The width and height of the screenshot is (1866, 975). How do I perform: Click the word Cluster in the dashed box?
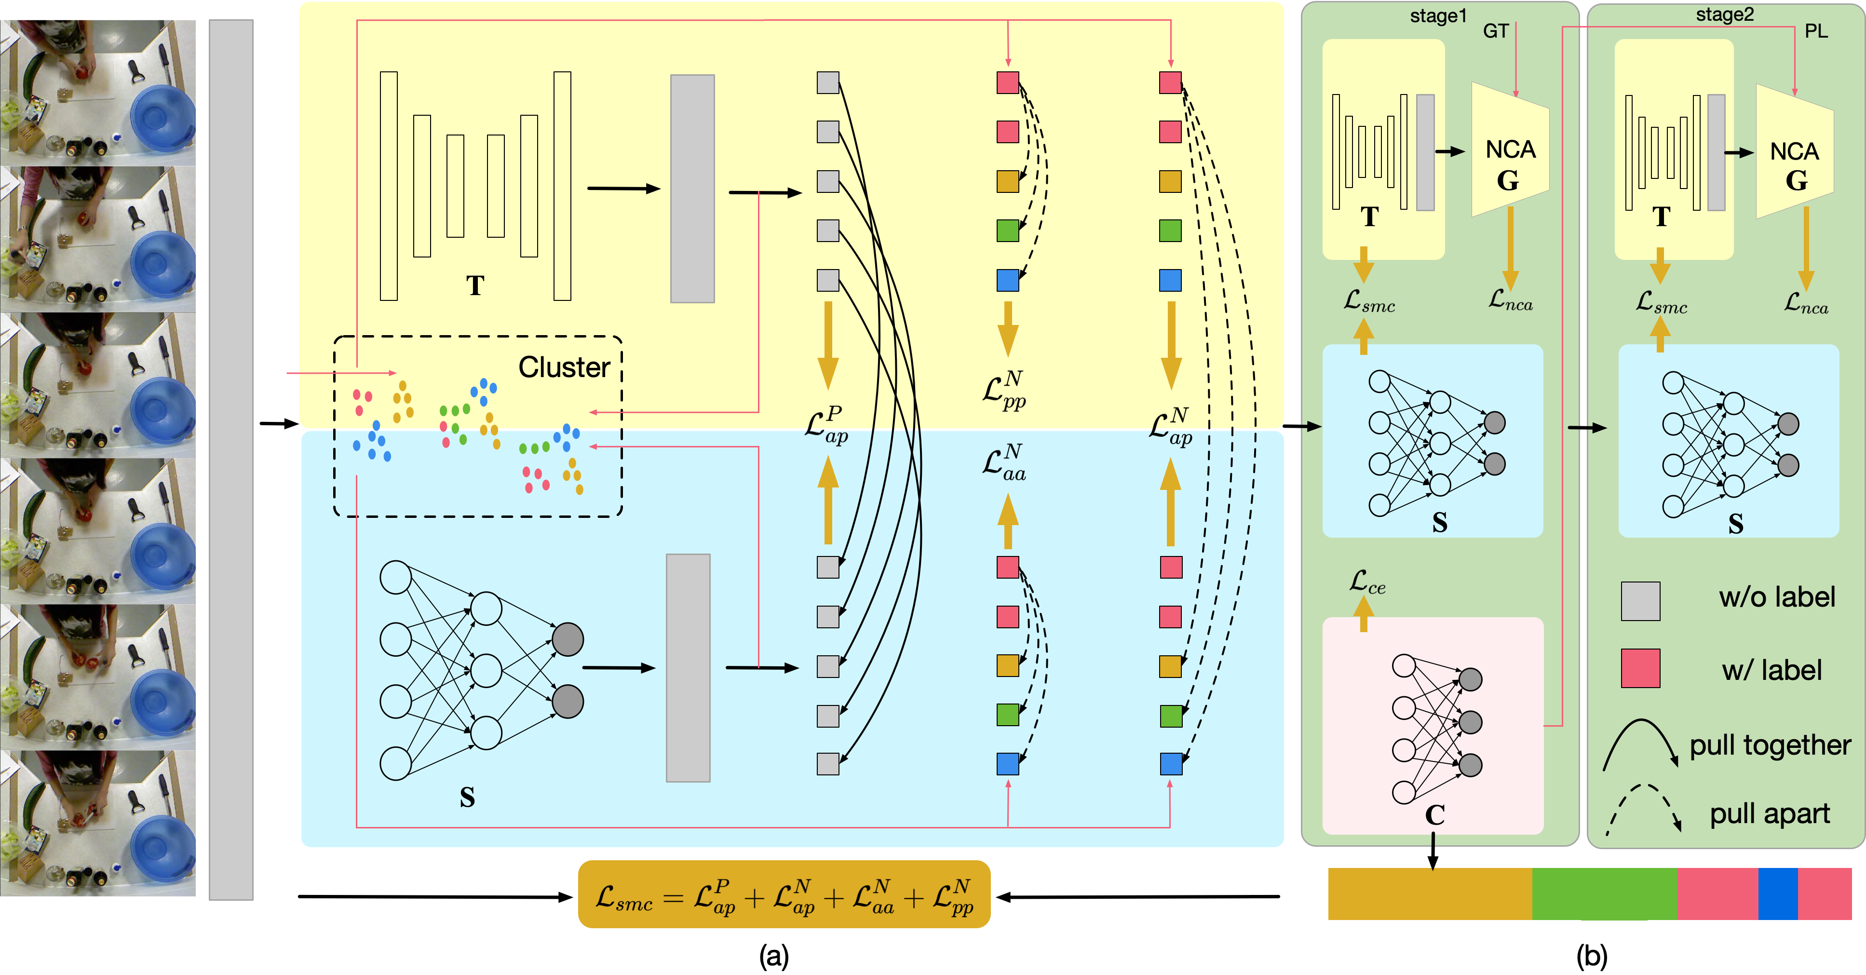tap(564, 367)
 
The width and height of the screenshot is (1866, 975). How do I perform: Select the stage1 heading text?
tap(1438, 16)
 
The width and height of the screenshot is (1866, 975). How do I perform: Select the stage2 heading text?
tap(1724, 14)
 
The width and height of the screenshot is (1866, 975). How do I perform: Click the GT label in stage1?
tap(1495, 31)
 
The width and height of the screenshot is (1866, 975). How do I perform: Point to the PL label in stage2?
tap(1815, 31)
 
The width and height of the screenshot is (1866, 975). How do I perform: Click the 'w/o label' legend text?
tap(1776, 597)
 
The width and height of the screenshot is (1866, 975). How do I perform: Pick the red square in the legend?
tap(1640, 668)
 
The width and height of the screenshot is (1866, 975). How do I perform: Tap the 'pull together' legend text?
tap(1770, 745)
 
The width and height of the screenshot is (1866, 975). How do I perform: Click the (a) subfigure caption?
tap(773, 956)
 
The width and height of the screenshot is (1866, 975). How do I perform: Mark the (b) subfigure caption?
tap(1592, 956)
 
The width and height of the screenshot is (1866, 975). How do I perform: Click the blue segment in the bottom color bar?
tap(1778, 894)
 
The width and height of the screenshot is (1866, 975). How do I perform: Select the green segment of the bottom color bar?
tap(1604, 894)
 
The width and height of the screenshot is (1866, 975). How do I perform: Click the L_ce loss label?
tap(1367, 582)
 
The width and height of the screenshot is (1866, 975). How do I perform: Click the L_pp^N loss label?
tap(1005, 391)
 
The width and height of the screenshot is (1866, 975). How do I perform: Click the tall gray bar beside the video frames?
tap(231, 459)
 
